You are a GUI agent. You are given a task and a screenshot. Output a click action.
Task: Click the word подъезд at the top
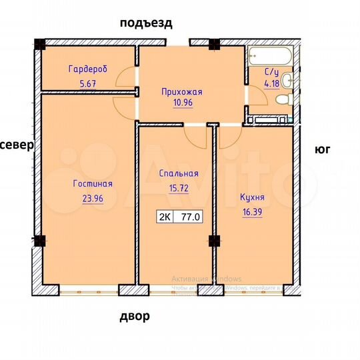coord(146,23)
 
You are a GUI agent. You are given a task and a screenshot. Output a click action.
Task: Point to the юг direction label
coord(323,151)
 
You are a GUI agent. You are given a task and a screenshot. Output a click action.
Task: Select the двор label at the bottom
coord(135,316)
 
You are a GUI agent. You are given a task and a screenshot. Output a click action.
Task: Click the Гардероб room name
coord(88,69)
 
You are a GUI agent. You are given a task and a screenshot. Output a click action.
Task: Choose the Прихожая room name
coord(182,92)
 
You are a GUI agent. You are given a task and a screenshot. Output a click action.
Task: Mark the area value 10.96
coord(182,105)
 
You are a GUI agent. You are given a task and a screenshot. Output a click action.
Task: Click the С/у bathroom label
coord(271,72)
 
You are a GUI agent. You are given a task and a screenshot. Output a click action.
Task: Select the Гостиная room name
coord(93,184)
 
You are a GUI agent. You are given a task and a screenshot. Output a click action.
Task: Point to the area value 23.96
coord(93,197)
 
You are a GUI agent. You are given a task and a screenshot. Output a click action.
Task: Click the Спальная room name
coord(179,173)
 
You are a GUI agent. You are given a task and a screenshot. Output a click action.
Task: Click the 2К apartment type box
coord(163,217)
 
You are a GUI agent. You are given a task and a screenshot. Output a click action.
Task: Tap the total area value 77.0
coord(191,217)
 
